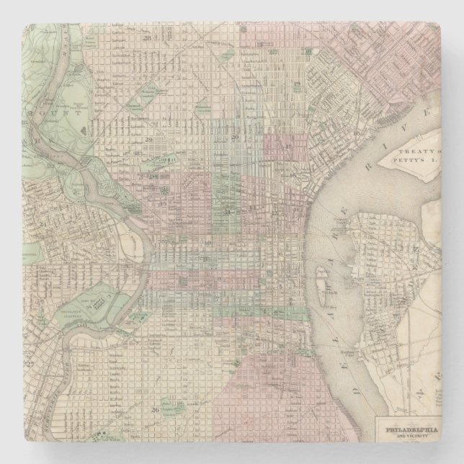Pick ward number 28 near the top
[147, 37]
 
